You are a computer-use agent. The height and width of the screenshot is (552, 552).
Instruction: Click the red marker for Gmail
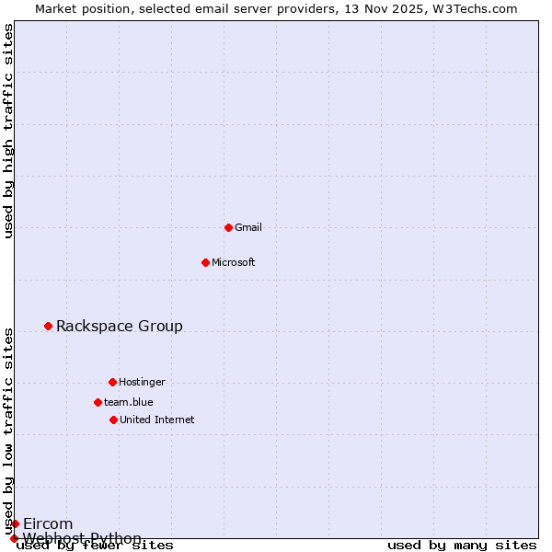228,227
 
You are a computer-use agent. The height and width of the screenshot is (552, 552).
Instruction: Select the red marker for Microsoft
205,262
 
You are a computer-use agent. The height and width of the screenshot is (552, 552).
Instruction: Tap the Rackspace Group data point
48,326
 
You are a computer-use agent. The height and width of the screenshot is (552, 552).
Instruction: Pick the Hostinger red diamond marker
112,382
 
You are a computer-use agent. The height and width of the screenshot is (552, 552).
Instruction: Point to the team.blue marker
98,402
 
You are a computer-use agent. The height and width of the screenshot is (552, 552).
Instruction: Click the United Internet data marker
113,420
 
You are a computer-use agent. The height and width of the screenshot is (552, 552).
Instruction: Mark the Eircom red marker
15,523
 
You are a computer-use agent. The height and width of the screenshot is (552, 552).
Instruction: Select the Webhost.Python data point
14,538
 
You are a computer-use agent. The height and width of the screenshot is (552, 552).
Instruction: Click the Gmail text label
248,227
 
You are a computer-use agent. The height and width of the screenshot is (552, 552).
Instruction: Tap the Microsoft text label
234,262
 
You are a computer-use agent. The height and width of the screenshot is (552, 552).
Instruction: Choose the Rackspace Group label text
120,326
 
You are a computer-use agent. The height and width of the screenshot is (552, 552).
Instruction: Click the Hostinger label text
142,382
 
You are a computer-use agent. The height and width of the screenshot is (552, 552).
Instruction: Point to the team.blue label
129,402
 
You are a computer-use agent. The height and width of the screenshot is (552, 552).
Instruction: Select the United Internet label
157,420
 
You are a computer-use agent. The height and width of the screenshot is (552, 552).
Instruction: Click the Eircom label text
48,523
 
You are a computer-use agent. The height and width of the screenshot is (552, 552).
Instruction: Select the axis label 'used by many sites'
462,546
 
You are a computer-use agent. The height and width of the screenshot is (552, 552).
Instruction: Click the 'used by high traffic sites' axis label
8,131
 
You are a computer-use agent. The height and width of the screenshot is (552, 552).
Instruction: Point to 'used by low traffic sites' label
8,431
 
